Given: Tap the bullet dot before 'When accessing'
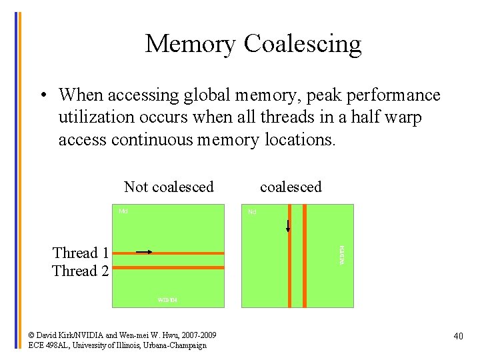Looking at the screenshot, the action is pos(42,95).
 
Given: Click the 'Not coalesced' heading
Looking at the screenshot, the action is pos(169,187).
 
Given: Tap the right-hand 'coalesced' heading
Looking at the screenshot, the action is pos(291,187).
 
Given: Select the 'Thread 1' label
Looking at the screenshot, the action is pos(81,253).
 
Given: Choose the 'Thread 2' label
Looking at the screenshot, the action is pos(81,270).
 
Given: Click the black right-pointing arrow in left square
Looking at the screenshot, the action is pos(144,251).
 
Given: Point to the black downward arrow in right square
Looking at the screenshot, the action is pos(288,226).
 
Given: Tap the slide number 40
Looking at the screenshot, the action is pos(458,337).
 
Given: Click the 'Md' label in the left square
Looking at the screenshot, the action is pos(123,211).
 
